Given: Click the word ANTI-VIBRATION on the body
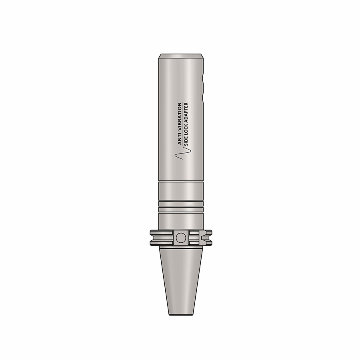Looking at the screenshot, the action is click(180, 124).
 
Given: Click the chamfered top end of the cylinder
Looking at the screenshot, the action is click(181, 56).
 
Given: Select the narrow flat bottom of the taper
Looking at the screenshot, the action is click(181, 314).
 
